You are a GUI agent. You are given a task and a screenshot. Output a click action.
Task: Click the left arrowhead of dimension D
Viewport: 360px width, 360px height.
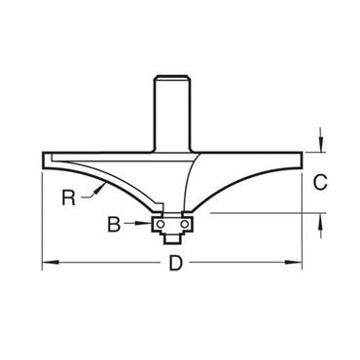click(x=46, y=261)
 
